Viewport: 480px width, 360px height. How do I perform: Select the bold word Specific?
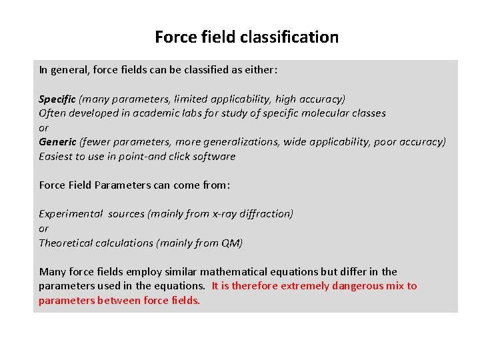coord(57,99)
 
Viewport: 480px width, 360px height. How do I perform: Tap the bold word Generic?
coord(57,142)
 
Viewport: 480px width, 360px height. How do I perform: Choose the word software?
coord(213,157)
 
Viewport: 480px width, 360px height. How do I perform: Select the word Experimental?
coord(71,214)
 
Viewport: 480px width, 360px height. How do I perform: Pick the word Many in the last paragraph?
coord(51,271)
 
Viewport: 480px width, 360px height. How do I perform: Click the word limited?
coord(193,99)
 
